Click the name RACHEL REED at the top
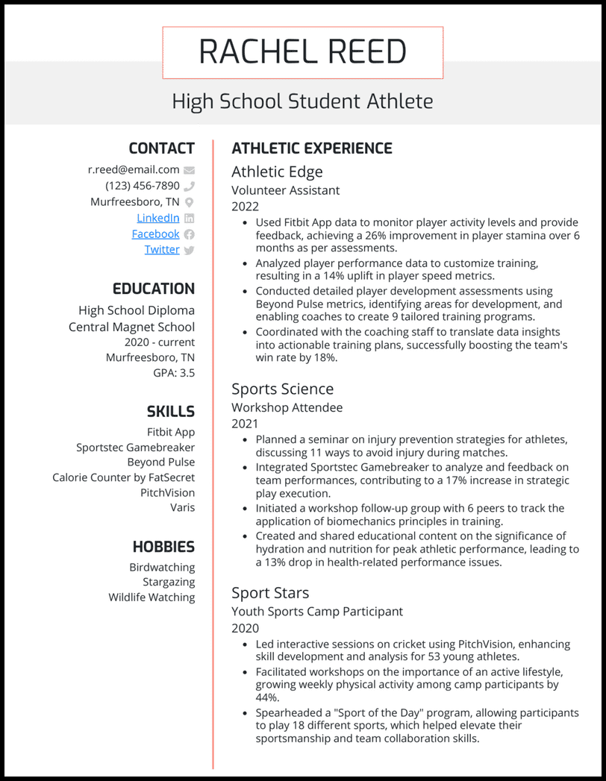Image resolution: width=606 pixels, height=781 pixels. [302, 52]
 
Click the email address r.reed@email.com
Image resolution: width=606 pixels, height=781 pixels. [134, 169]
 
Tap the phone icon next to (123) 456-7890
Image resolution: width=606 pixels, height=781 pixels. [189, 186]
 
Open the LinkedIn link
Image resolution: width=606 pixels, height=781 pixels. [157, 218]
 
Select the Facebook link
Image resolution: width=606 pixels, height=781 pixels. [155, 233]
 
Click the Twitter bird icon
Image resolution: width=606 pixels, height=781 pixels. [189, 250]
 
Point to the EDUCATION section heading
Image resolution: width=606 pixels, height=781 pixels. [153, 289]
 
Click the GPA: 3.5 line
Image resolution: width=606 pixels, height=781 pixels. [174, 372]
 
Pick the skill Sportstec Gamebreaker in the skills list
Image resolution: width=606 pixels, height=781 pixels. [135, 448]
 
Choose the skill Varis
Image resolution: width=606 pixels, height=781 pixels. [182, 507]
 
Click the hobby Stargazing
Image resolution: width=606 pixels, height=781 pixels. [169, 582]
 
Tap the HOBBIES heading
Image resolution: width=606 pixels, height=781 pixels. [163, 547]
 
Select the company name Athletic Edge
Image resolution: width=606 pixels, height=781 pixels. [277, 172]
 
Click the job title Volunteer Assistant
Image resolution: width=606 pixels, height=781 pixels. [285, 190]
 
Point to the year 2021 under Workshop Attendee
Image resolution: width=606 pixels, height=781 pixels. [245, 424]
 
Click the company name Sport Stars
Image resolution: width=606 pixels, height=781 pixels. [270, 592]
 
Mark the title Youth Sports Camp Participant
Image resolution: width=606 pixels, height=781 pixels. [316, 611]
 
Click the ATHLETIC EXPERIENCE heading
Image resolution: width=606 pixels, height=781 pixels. [312, 148]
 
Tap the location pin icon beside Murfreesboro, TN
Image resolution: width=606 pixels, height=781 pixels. [189, 202]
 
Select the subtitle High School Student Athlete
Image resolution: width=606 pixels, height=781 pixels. [302, 101]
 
